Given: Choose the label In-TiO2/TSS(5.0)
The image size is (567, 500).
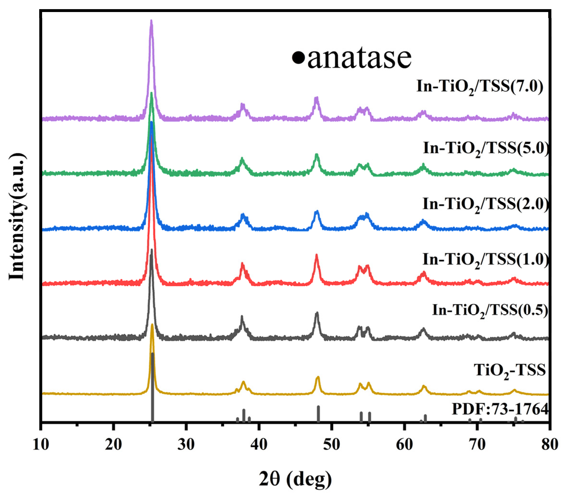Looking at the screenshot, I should [x=486, y=150].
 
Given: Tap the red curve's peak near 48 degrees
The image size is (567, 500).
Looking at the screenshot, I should [x=316, y=255].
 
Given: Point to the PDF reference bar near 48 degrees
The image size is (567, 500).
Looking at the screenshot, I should [x=318, y=414].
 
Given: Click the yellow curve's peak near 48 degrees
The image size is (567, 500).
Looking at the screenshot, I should [x=318, y=377].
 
